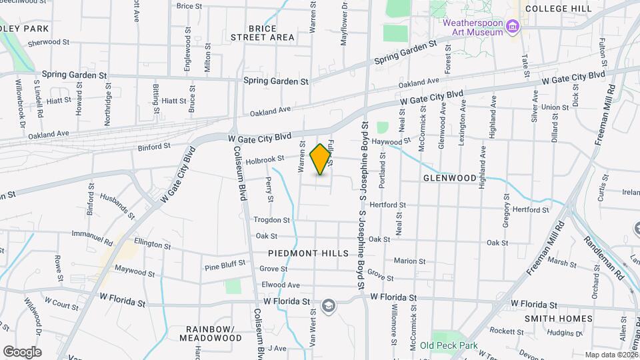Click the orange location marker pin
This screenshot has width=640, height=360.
tap(321, 159)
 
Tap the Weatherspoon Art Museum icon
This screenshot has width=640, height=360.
tap(512, 27)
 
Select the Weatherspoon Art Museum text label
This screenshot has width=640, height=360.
tap(473, 27)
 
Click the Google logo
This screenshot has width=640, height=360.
tap(22, 351)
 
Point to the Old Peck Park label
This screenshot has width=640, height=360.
tap(449, 346)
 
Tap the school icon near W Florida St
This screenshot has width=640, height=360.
tap(328, 306)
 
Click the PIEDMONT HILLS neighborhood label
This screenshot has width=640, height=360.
tap(308, 253)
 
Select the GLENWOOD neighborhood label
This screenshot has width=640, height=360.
tap(450, 178)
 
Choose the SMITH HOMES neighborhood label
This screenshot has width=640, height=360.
tap(558, 318)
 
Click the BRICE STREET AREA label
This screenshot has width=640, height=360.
tap(263, 33)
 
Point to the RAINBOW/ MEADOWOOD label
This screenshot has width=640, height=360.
tap(213, 333)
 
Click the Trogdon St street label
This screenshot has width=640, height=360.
tap(271, 219)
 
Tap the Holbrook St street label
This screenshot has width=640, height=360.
tap(265, 159)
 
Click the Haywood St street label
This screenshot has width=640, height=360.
tap(391, 141)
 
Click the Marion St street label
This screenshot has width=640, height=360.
tap(405, 261)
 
